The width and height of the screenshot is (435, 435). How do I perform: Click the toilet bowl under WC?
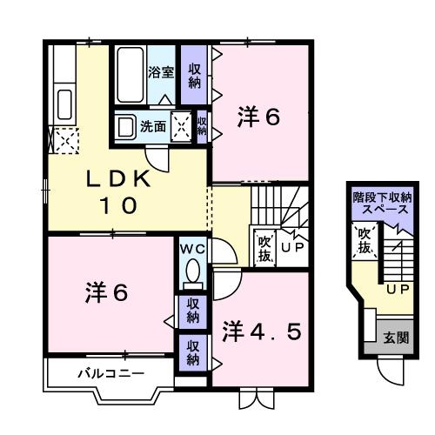(x=192, y=275)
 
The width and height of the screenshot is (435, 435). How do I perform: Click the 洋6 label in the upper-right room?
(x=258, y=117)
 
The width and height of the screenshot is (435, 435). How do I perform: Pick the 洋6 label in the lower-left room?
(x=105, y=293)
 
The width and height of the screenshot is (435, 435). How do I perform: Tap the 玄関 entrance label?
(x=398, y=338)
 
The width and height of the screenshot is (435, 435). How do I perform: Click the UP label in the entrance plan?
(x=397, y=287)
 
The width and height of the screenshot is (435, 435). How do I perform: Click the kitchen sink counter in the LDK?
(x=64, y=96)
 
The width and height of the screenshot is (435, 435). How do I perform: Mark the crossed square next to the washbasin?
(x=182, y=127)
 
